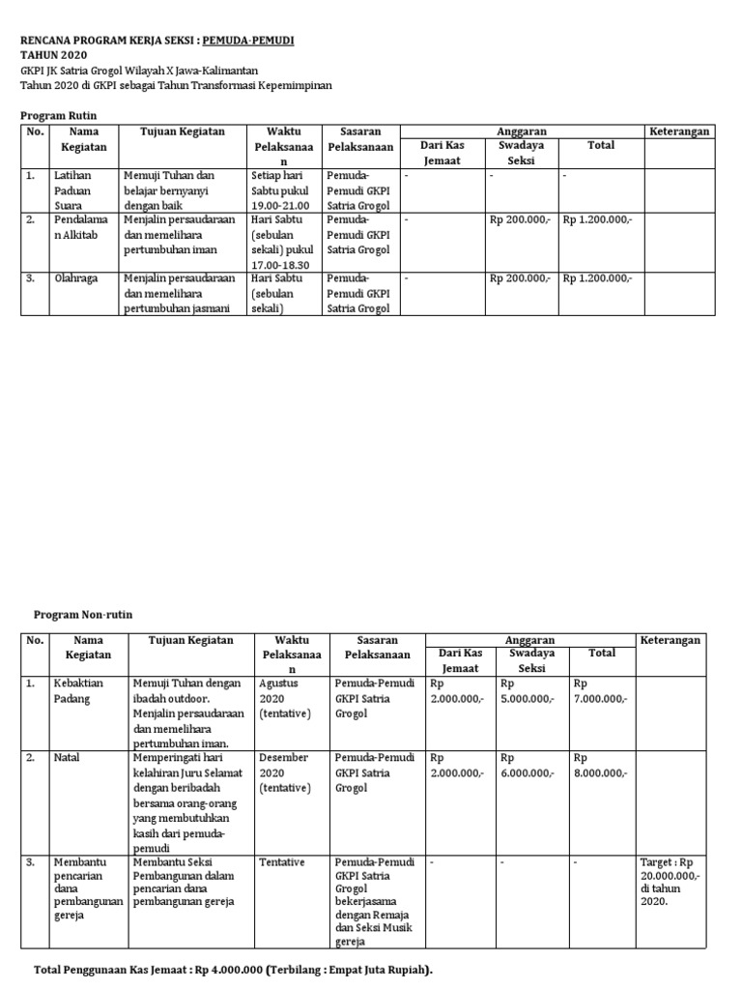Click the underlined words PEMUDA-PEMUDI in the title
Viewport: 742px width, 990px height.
(x=248, y=41)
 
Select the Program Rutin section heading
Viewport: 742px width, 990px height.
(x=59, y=115)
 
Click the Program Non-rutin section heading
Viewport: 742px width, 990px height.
(x=83, y=614)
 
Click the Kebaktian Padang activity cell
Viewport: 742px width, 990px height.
(x=78, y=691)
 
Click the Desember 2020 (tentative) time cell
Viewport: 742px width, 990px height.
(x=287, y=773)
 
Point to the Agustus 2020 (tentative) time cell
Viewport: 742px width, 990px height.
(x=285, y=699)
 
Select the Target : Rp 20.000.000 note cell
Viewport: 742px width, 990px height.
(x=673, y=881)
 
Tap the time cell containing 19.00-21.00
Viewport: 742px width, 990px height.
(x=280, y=191)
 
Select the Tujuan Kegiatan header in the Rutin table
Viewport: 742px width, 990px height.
(x=183, y=131)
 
